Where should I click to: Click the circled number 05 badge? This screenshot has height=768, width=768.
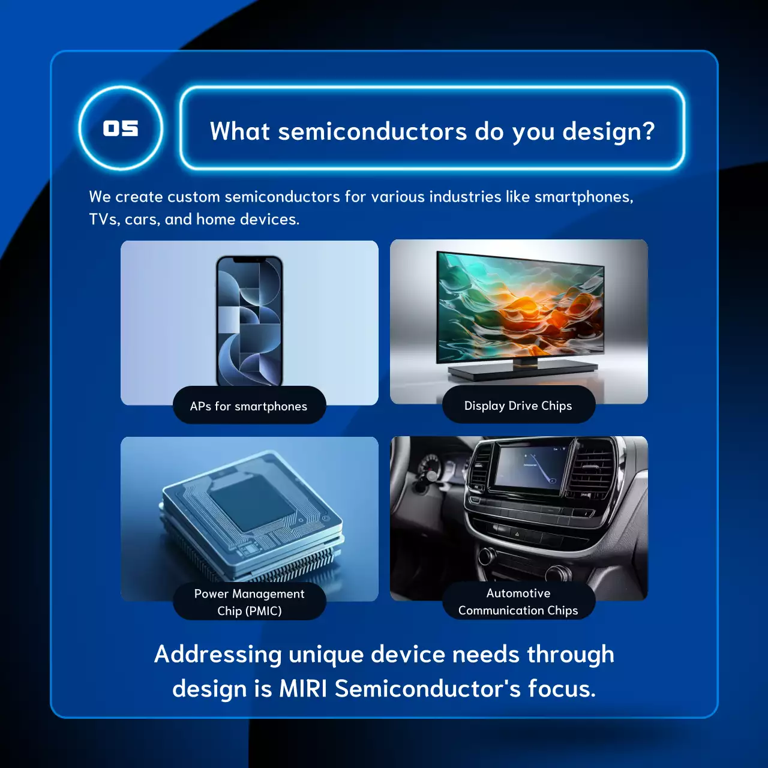pyautogui.click(x=121, y=128)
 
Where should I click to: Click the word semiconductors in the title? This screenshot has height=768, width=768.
pyautogui.click(x=372, y=131)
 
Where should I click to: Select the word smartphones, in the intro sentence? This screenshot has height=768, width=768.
pyautogui.click(x=583, y=197)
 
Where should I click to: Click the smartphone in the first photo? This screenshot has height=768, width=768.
pyautogui.click(x=249, y=321)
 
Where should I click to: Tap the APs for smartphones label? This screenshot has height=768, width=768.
pyautogui.click(x=249, y=406)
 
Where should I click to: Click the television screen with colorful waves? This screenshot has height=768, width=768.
pyautogui.click(x=519, y=306)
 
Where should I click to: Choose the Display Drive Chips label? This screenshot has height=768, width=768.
pyautogui.click(x=518, y=406)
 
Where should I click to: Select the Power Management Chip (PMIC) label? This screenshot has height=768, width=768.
pyautogui.click(x=249, y=602)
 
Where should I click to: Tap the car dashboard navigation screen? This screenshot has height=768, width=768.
pyautogui.click(x=531, y=469)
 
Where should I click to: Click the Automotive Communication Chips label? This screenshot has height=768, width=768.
pyautogui.click(x=518, y=601)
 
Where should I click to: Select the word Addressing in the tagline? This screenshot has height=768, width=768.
pyautogui.click(x=218, y=654)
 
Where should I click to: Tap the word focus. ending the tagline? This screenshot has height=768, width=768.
pyautogui.click(x=562, y=689)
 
